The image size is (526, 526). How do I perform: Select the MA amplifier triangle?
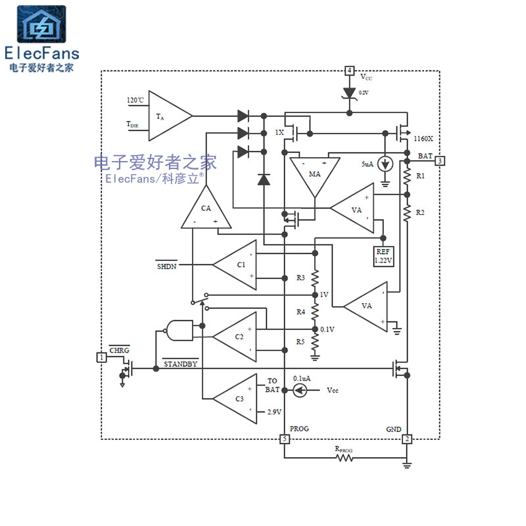314,175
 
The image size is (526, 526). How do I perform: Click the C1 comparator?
237,264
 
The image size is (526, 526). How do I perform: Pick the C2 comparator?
237,337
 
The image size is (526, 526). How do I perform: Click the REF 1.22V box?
383,255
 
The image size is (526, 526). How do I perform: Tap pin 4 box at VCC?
349,70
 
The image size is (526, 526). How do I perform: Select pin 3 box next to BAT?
440,160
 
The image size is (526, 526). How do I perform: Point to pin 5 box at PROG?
284,439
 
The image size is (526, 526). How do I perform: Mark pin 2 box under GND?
407,439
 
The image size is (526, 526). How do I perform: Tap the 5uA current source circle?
386,164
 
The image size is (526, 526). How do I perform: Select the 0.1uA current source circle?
299,390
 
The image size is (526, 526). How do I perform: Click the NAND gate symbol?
180,330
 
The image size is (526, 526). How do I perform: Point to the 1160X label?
423,139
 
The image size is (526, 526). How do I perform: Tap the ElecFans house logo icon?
41,25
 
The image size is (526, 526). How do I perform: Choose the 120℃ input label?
135,101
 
